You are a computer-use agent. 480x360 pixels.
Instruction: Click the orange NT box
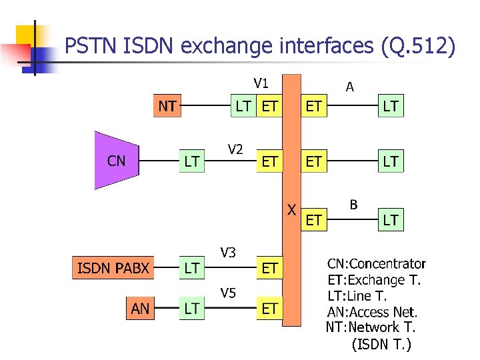[167, 106]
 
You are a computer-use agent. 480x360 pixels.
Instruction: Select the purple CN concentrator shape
[116, 161]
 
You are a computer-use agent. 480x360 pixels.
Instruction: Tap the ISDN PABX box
[113, 268]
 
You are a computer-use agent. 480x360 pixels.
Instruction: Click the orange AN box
[141, 308]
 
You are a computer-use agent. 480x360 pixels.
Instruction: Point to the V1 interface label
[261, 83]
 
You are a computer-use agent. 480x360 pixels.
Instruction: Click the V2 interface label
[235, 149]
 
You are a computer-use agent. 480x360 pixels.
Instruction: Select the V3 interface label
[228, 251]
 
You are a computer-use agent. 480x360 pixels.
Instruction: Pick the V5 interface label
[228, 293]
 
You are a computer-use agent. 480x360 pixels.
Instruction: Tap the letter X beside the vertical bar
[291, 209]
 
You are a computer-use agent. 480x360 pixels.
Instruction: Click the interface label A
[349, 87]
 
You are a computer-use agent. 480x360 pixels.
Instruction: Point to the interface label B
[353, 205]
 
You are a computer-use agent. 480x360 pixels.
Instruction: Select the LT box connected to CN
[191, 161]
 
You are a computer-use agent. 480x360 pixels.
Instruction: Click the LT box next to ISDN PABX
[191, 268]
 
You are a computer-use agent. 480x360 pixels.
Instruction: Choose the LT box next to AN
[191, 308]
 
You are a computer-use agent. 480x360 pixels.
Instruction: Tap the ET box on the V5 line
[269, 308]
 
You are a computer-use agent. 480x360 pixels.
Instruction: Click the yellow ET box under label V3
[269, 268]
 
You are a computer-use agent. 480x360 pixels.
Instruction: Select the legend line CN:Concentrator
[376, 264]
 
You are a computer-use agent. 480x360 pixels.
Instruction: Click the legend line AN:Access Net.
[372, 311]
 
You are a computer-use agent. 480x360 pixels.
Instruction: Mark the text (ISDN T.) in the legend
[381, 344]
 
